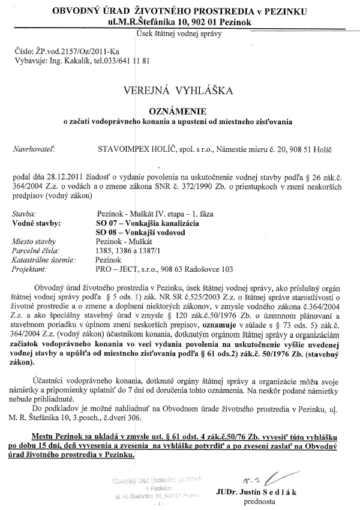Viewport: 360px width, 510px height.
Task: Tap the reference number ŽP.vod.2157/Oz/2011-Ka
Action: pyautogui.click(x=75, y=53)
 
